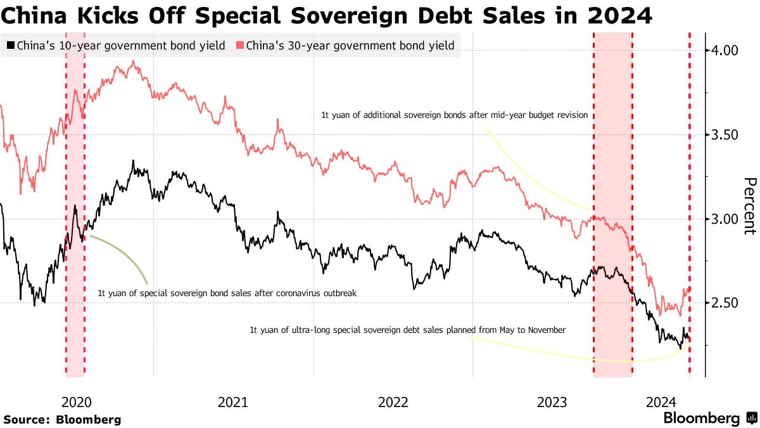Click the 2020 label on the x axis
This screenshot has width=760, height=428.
click(77, 401)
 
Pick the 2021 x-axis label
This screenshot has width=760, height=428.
click(234, 401)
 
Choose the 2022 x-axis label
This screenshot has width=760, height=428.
click(393, 401)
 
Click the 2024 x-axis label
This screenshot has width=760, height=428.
click(661, 401)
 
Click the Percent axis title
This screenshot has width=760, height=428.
click(749, 206)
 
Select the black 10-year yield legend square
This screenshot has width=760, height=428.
click(11, 46)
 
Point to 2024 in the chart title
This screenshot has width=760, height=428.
click(619, 15)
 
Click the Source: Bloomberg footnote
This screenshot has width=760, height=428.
click(62, 419)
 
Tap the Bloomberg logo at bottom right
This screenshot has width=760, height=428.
click(709, 418)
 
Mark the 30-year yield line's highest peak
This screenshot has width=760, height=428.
click(132, 62)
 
